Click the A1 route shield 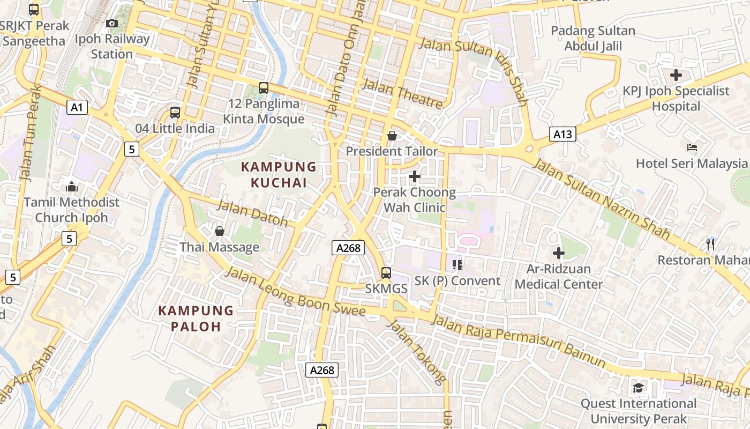tap(77, 108)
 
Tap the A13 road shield tap(562, 134)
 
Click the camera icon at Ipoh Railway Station tap(111, 23)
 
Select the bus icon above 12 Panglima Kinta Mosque tap(263, 88)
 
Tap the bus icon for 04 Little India tap(175, 113)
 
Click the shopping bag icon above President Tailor tap(392, 136)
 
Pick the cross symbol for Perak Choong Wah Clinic tap(414, 176)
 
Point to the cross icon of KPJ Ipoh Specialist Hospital tap(676, 75)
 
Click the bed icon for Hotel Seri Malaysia tap(692, 147)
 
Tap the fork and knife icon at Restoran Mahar tap(710, 245)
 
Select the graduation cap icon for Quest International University tap(637, 388)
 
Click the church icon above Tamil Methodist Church tap(72, 187)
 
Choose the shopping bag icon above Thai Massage tap(219, 231)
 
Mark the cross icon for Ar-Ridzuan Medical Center tap(559, 253)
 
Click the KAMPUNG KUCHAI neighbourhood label tap(279, 175)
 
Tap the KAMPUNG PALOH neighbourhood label tap(196, 319)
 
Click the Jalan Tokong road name tap(416, 351)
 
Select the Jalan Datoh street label tap(252, 213)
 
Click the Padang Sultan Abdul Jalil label tap(593, 39)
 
